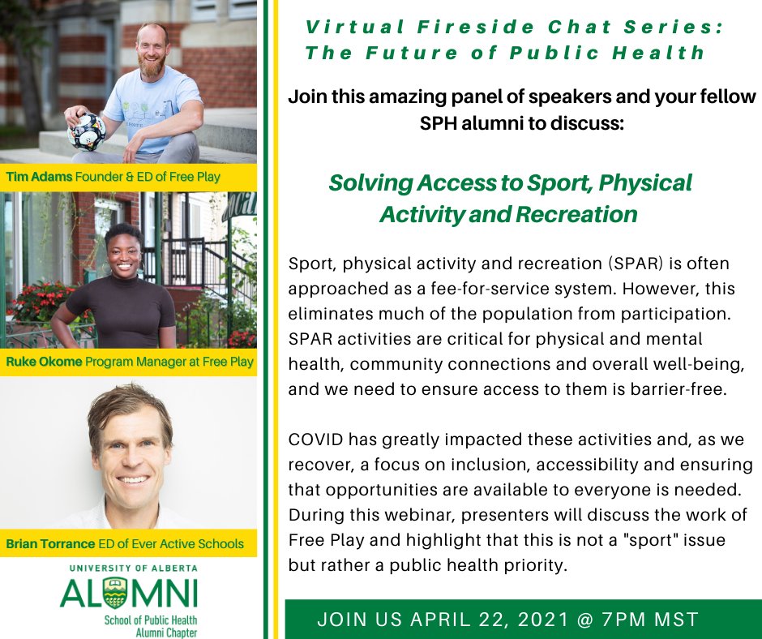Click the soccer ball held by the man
click(x=87, y=131)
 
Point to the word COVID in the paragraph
click(x=315, y=440)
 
